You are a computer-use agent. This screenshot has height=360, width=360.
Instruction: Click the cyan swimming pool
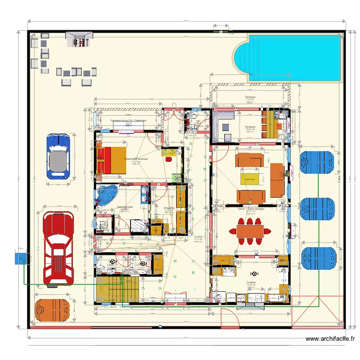click(x=293, y=57)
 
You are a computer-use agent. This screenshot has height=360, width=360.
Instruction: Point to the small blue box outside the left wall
click(x=21, y=258)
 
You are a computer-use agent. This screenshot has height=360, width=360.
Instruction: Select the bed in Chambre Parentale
click(x=111, y=160)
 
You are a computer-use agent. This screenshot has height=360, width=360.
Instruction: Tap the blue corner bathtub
click(x=107, y=195)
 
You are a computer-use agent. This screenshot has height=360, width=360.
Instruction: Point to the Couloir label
click(x=198, y=237)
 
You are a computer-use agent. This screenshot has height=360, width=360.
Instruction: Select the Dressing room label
click(x=168, y=208)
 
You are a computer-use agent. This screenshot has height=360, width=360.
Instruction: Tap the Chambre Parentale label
click(x=136, y=158)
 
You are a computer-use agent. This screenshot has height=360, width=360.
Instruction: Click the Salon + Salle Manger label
click(x=251, y=209)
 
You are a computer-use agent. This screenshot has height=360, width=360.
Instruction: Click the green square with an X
click(x=177, y=178)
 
